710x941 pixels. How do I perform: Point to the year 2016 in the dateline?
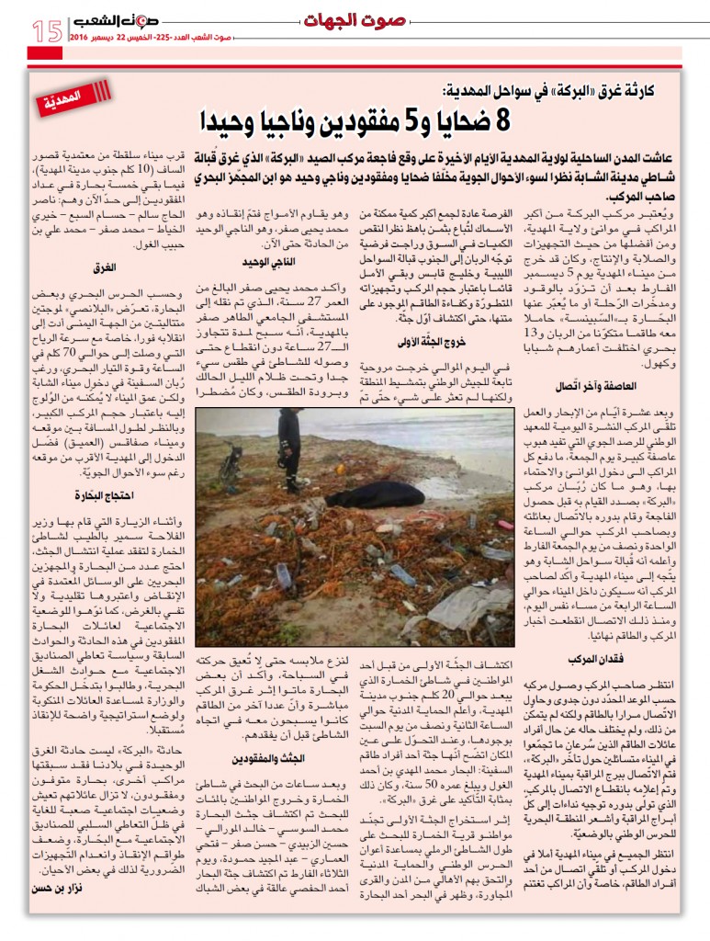coord(86,39)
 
